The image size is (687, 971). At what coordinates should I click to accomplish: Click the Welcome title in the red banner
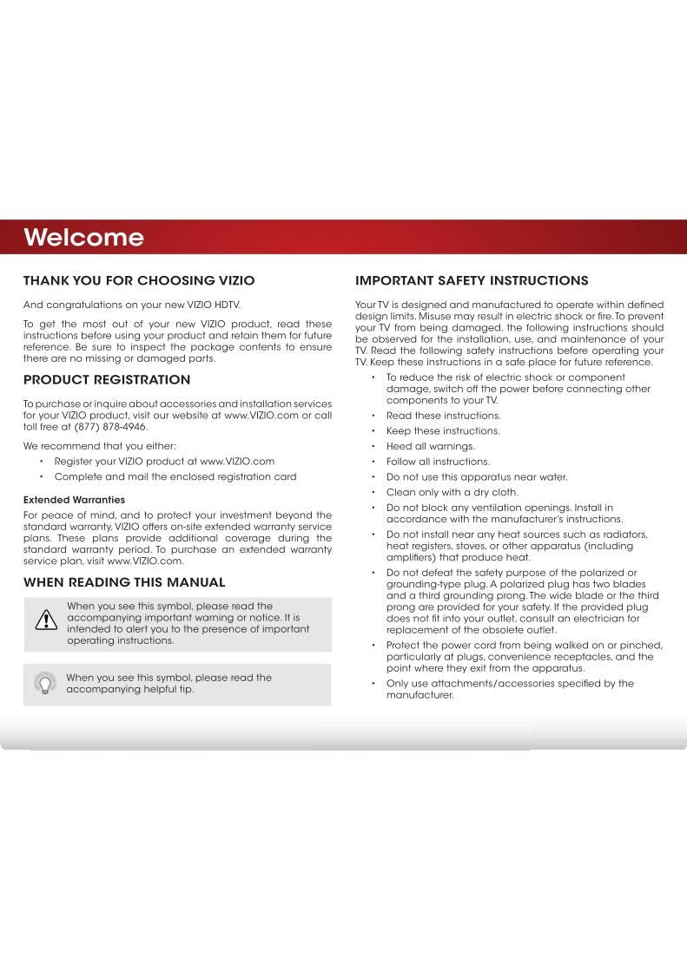[x=83, y=237]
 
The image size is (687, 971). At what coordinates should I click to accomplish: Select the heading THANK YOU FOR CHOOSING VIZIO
[x=139, y=280]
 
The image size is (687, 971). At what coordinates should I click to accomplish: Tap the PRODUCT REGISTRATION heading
[x=107, y=380]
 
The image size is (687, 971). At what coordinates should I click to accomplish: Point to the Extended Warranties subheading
[x=74, y=500]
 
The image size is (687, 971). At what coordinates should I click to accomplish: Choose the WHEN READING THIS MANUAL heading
[x=124, y=581]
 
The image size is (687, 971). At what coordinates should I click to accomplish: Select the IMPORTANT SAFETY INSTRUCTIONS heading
[x=472, y=280]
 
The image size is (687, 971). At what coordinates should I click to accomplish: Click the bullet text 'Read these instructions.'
[x=443, y=415]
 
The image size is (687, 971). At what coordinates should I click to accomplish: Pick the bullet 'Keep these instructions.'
[x=443, y=430]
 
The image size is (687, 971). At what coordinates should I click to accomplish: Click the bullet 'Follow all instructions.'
[x=438, y=462]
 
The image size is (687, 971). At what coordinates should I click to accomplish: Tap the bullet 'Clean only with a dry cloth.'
[x=452, y=492]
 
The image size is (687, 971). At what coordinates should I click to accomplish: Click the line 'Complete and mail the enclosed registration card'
[x=175, y=476]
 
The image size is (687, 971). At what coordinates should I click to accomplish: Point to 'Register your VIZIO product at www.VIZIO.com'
[x=164, y=461]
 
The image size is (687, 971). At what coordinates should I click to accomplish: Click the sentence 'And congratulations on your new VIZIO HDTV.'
[x=131, y=304]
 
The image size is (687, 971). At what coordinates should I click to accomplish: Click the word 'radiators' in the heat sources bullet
[x=624, y=534]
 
